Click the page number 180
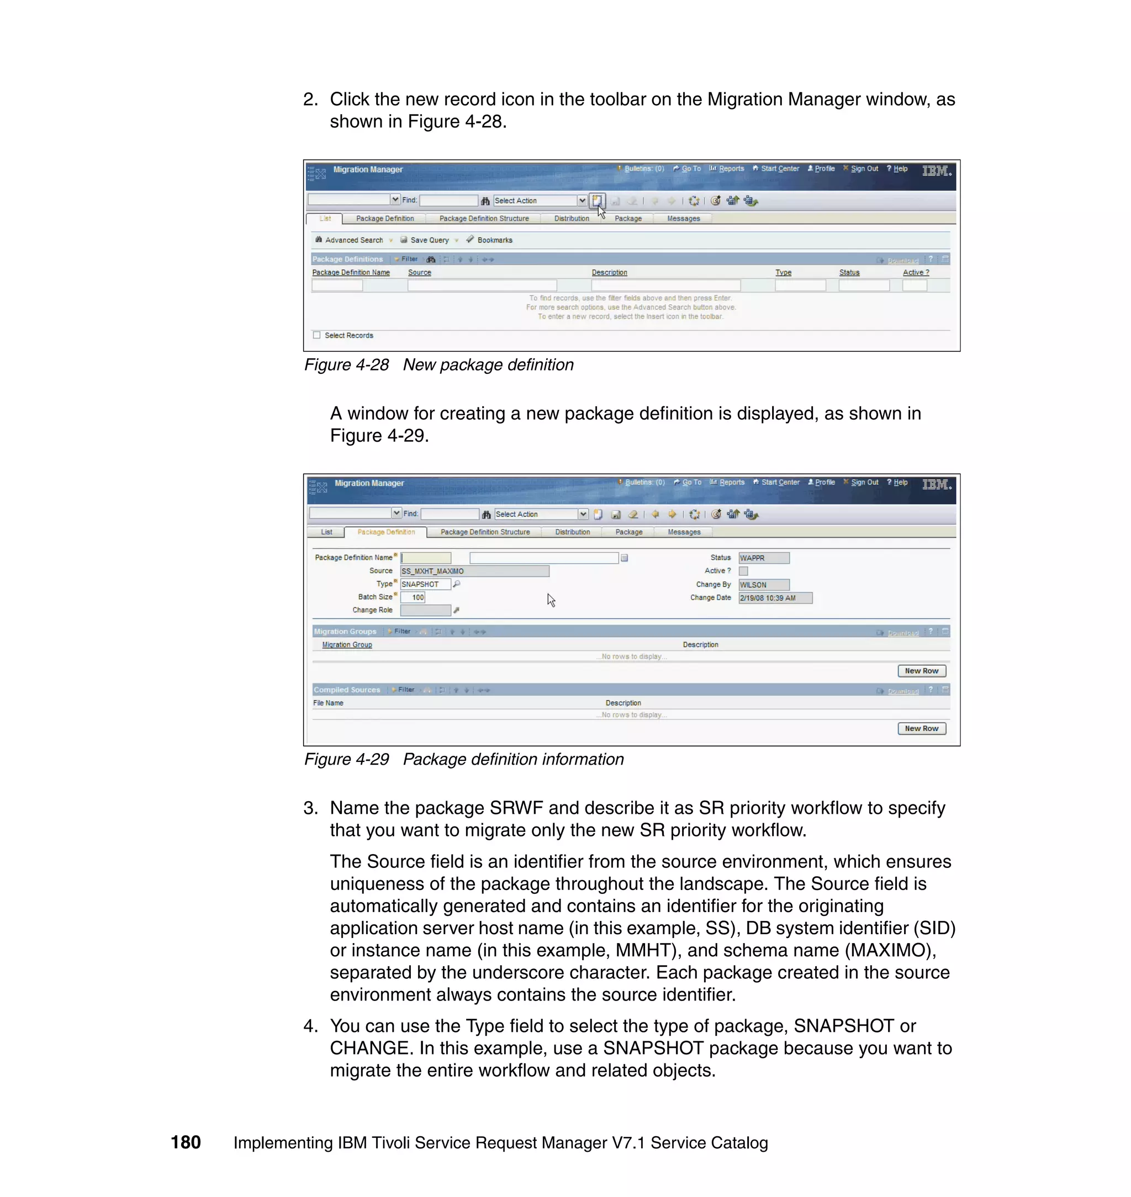point(186,1142)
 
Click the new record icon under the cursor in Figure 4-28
point(596,200)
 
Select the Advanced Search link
point(353,240)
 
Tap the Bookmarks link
point(494,240)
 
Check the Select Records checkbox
point(316,335)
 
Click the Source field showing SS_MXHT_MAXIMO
point(474,571)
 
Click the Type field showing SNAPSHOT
point(425,584)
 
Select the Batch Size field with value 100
point(414,597)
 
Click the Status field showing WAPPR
point(763,558)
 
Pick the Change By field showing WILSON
point(763,585)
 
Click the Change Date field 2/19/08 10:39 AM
point(775,598)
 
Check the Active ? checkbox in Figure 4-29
point(743,571)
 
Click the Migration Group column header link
point(347,645)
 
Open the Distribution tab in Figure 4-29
point(572,532)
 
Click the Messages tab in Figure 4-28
point(683,219)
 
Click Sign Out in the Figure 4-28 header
point(863,169)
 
